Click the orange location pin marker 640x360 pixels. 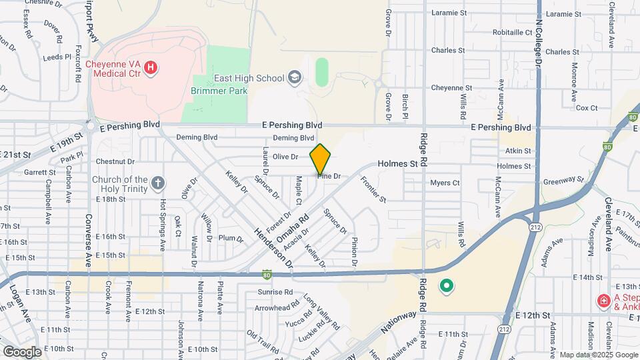pyautogui.click(x=321, y=159)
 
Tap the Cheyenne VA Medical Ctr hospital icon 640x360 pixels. pyautogui.click(x=151, y=67)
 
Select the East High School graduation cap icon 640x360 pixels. pyautogui.click(x=294, y=79)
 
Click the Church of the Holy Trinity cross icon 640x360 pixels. pyautogui.click(x=157, y=183)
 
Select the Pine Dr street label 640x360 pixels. pyautogui.click(x=329, y=176)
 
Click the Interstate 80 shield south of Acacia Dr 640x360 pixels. pyautogui.click(x=267, y=273)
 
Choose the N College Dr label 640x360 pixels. pyautogui.click(x=537, y=33)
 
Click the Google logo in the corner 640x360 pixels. pyautogui.click(x=21, y=351)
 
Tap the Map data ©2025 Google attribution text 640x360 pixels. pyautogui.click(x=597, y=355)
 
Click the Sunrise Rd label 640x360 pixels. pyautogui.click(x=275, y=292)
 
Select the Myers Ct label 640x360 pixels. pyautogui.click(x=445, y=183)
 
